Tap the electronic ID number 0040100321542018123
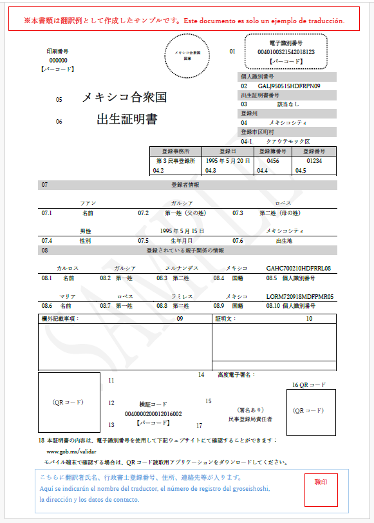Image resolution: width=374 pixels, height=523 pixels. click(286, 52)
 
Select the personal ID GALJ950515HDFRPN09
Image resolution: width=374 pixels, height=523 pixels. click(289, 86)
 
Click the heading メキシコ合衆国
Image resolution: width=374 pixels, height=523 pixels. click(124, 98)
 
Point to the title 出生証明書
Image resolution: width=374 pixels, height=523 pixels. click(127, 119)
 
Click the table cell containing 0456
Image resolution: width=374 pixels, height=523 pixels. click(273, 160)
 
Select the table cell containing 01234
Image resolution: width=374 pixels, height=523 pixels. click(313, 160)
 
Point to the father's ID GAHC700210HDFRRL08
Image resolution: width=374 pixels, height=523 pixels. click(298, 268)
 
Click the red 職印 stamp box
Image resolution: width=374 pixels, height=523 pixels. click(321, 490)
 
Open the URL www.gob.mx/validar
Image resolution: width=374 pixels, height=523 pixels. click(67, 452)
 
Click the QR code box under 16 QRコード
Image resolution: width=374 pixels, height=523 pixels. click(311, 410)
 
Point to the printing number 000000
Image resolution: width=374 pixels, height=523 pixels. click(59, 60)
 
